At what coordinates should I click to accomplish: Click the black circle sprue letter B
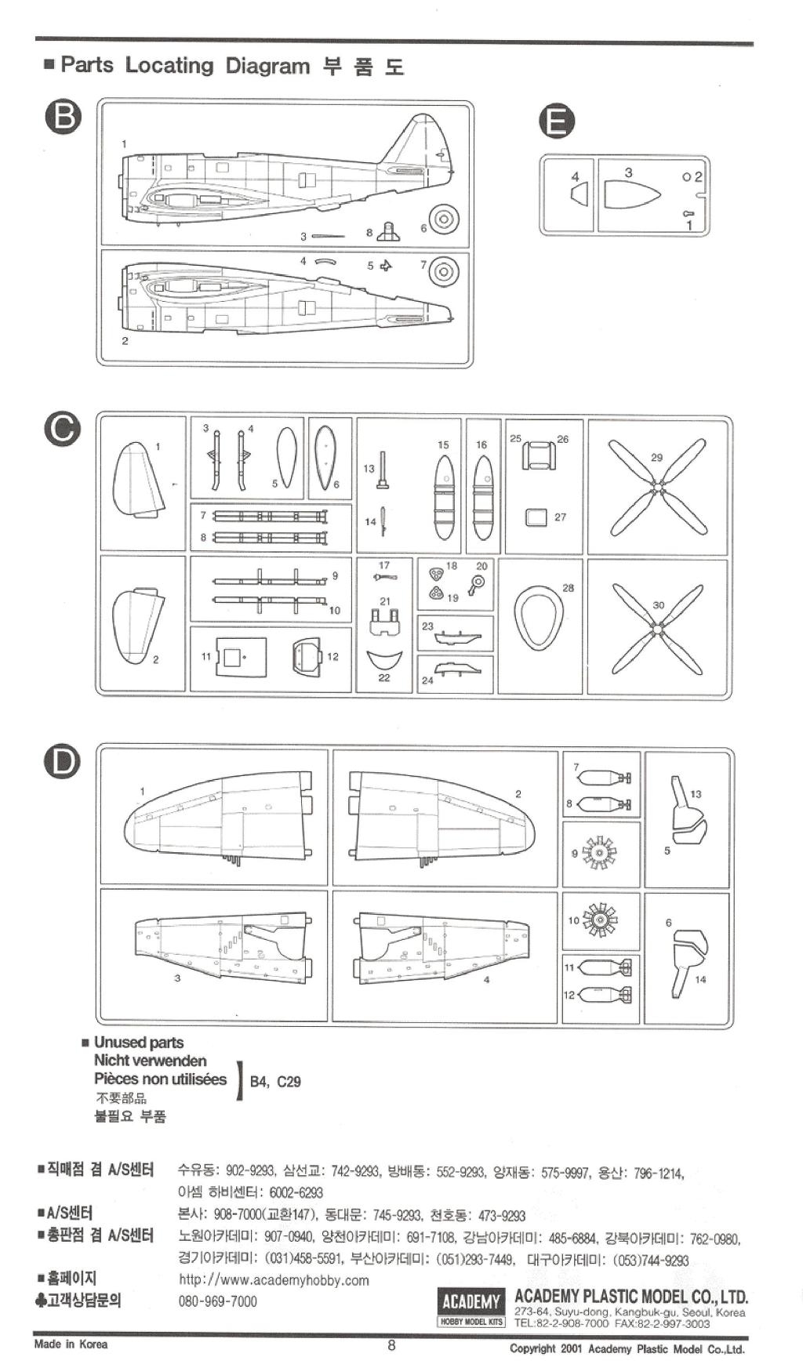click(x=63, y=118)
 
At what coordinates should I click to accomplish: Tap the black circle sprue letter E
click(x=557, y=122)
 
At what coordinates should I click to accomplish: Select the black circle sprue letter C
click(x=63, y=430)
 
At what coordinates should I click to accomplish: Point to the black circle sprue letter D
click(x=63, y=762)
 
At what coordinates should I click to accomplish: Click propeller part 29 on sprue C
click(x=657, y=486)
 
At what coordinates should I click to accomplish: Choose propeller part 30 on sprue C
click(x=657, y=627)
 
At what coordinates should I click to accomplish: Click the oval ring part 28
click(x=539, y=617)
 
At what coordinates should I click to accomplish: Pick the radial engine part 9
click(x=601, y=852)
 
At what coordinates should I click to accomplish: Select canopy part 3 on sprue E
click(x=631, y=195)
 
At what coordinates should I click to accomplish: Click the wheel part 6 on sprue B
click(x=444, y=219)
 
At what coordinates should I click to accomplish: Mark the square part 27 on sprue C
click(x=536, y=517)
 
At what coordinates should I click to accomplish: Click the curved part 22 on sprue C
click(x=384, y=658)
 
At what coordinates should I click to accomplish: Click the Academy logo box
click(x=471, y=1303)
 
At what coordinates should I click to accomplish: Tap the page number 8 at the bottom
click(x=391, y=1346)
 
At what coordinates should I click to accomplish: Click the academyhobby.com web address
click(x=274, y=1280)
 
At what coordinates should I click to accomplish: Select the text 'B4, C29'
click(x=274, y=1082)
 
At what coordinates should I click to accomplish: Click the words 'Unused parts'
click(x=139, y=1043)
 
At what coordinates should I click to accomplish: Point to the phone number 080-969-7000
click(x=217, y=1301)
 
